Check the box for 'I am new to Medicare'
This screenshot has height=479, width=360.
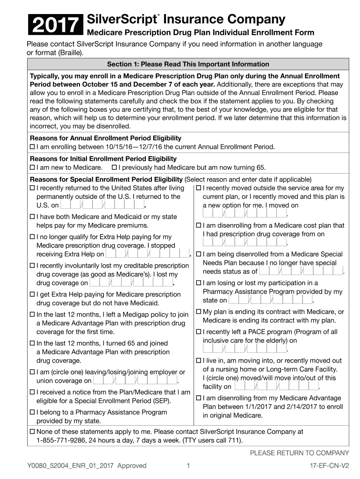[33, 167]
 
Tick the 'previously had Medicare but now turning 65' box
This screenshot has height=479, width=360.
[115, 167]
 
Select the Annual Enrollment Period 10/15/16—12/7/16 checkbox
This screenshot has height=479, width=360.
[33, 147]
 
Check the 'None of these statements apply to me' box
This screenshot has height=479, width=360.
[33, 432]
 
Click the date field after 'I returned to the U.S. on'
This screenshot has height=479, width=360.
[102, 205]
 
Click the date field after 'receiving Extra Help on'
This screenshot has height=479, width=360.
[147, 254]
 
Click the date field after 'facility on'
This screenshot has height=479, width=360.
[276, 386]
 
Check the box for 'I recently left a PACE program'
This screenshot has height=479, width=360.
[199, 332]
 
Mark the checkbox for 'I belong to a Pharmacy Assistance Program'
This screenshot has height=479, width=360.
[33, 413]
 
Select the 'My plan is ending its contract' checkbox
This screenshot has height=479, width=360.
[199, 312]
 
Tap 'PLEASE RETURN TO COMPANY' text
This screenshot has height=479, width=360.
[299, 453]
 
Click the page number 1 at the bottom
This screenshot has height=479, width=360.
[187, 465]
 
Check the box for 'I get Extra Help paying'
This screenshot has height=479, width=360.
[33, 295]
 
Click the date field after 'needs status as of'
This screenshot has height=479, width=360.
[301, 271]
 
